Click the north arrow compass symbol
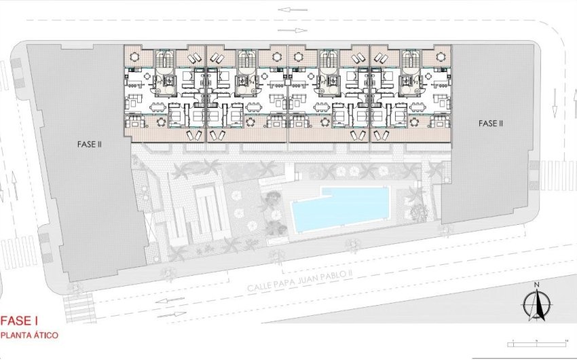click(x=536, y=304)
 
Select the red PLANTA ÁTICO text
click(x=30, y=336)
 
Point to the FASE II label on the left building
click(x=89, y=144)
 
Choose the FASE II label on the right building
click(x=490, y=123)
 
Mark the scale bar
click(x=538, y=344)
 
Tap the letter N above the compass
click(x=536, y=285)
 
